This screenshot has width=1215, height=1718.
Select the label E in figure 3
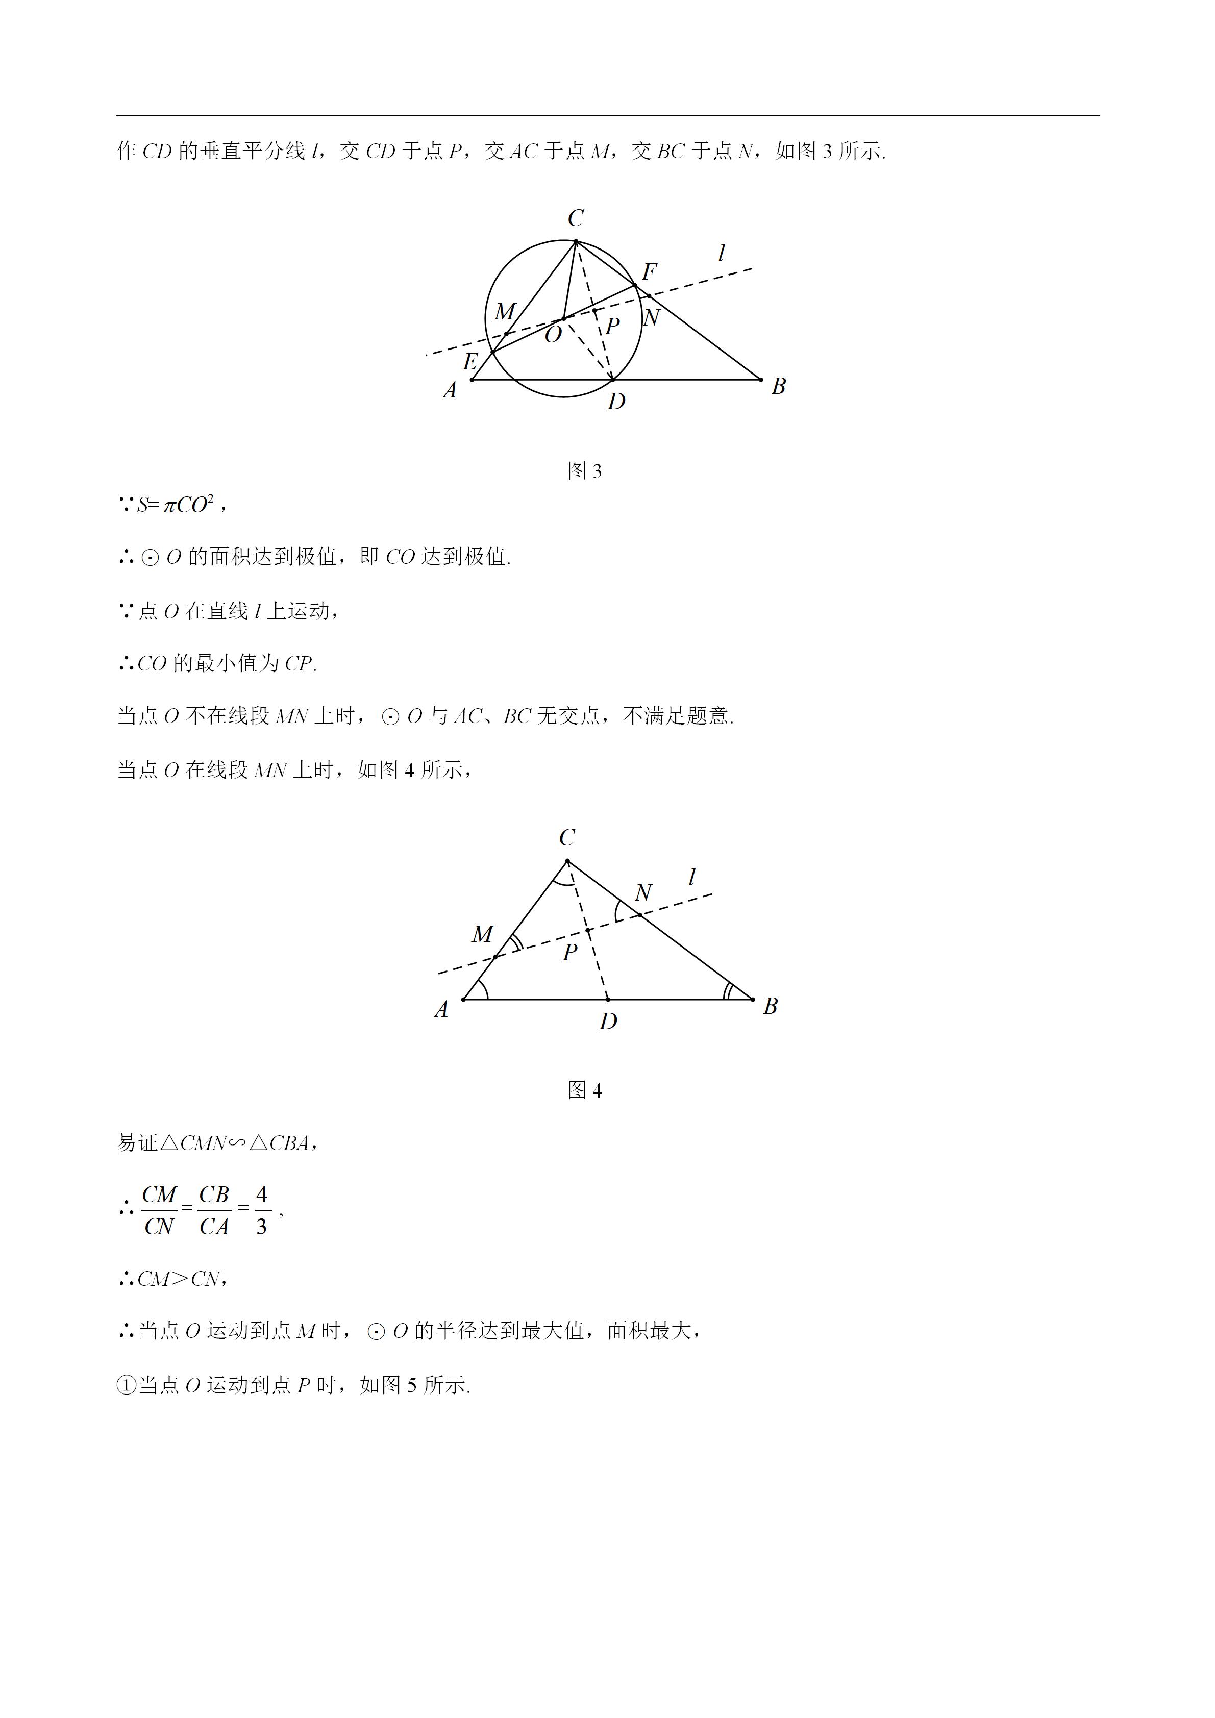point(470,362)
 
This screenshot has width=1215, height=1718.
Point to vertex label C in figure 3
point(575,218)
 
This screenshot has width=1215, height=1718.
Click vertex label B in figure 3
point(778,386)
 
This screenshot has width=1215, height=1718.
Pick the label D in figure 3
point(616,402)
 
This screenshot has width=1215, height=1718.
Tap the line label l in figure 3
point(721,253)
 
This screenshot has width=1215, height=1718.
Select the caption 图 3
point(584,470)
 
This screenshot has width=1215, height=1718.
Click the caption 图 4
point(584,1090)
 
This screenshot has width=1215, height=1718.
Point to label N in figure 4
point(643,892)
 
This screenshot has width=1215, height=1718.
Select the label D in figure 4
point(608,1022)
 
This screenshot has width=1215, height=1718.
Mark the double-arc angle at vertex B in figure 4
point(729,991)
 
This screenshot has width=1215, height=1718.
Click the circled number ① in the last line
point(126,1386)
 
